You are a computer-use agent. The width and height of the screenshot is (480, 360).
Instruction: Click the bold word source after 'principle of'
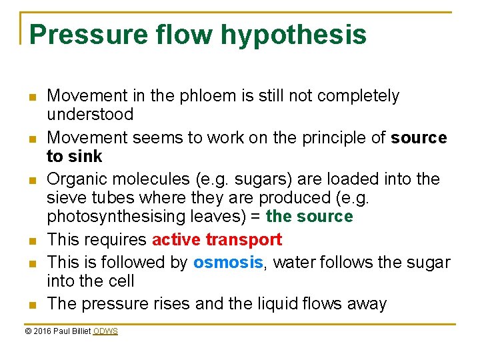(x=419, y=138)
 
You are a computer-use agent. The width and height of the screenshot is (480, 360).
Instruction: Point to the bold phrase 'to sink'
(x=74, y=157)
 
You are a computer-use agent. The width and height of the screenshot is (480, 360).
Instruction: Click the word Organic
(x=78, y=179)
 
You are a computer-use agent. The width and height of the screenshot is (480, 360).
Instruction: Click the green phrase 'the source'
(x=309, y=217)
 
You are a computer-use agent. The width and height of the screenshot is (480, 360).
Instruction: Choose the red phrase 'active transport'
(x=217, y=239)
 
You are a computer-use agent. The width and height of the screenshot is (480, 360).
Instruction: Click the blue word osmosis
(x=228, y=263)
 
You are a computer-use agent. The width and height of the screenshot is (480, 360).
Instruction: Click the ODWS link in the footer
(x=105, y=331)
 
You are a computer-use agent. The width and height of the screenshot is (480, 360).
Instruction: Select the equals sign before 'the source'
(x=255, y=217)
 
